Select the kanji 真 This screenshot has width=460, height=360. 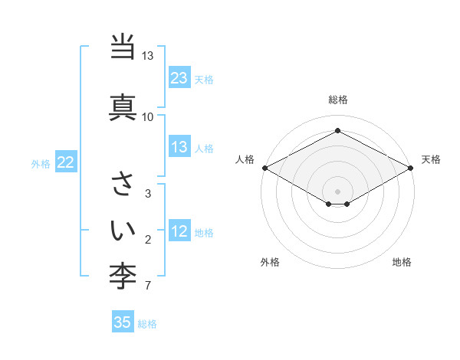[123, 106]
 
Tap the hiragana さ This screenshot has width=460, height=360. [123, 184]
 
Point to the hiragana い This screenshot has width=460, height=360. [123, 228]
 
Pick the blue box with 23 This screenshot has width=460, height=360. [179, 78]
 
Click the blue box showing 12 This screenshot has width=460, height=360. [179, 231]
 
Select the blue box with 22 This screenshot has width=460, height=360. [65, 162]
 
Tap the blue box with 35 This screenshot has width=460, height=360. [123, 322]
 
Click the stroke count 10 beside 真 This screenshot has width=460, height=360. [147, 117]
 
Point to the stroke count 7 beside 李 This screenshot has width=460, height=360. [147, 286]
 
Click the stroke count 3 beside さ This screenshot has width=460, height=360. [147, 194]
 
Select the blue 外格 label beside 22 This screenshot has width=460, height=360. [41, 163]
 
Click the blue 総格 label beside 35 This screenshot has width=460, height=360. [147, 323]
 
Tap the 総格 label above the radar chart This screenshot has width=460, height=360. [337, 100]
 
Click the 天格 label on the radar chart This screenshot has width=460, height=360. [431, 159]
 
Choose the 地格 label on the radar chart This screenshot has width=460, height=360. [402, 262]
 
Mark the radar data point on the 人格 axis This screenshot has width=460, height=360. [264, 168]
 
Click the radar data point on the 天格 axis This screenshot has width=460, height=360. [411, 168]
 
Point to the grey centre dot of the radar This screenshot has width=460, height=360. [337, 191]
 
